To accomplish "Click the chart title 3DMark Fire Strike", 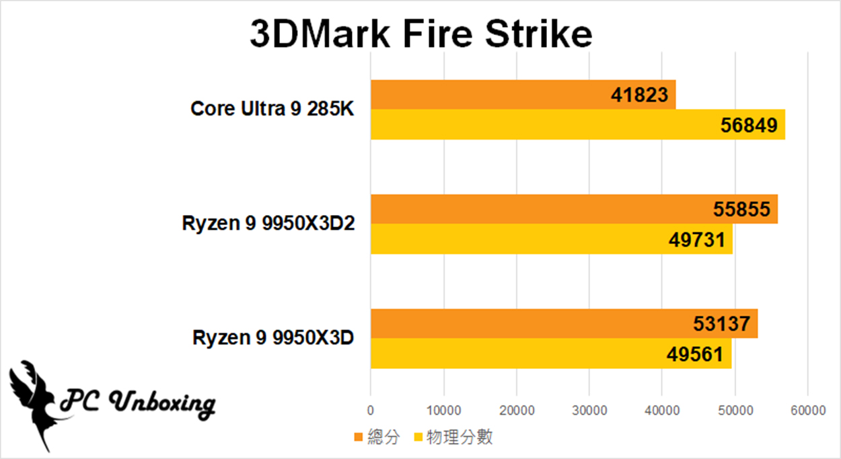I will pyautogui.click(x=421, y=34).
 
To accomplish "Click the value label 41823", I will pyautogui.click(x=641, y=95).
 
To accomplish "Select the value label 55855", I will pyautogui.click(x=741, y=210).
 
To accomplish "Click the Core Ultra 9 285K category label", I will pyautogui.click(x=272, y=108).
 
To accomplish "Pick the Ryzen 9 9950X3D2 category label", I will pyautogui.click(x=268, y=223).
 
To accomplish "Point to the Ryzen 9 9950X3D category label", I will pyautogui.click(x=273, y=337).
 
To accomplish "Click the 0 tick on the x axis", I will pyautogui.click(x=371, y=410).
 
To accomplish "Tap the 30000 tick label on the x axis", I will pyautogui.click(x=589, y=410).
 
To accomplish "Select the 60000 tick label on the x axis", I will pyautogui.click(x=807, y=410).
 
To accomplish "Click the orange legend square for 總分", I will pyautogui.click(x=359, y=438).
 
